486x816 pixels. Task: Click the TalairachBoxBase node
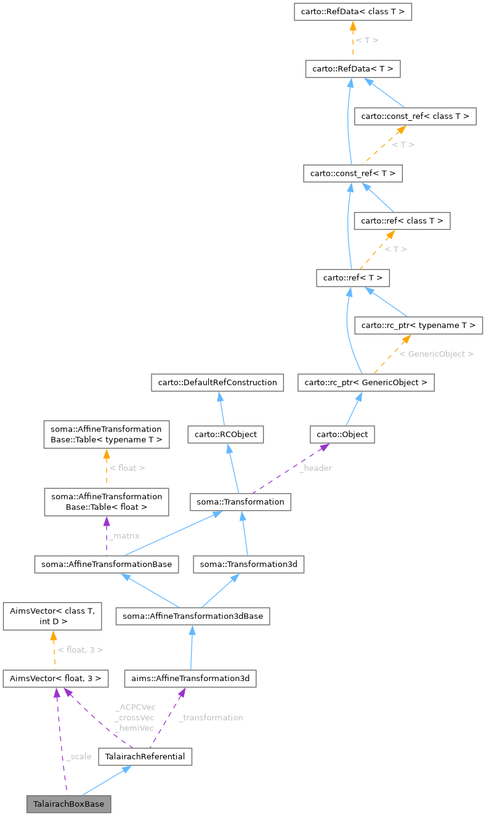pos(69,804)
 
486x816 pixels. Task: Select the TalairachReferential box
pos(145,756)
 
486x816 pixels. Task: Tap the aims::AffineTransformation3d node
pos(190,679)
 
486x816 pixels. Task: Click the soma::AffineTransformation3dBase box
pos(192,616)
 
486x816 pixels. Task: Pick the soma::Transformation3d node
pos(249,564)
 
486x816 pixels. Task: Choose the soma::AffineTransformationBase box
pos(107,564)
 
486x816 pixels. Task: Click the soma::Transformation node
pos(240,502)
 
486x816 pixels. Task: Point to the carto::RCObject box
pos(226,435)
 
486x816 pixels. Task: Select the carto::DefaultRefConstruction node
pos(217,383)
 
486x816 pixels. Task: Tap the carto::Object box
pos(342,435)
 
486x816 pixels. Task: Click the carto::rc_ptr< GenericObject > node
pos(366,383)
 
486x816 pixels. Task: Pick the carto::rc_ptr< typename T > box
pos(419,325)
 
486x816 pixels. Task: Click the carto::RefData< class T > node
pos(352,12)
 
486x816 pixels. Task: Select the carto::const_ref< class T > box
pos(416,116)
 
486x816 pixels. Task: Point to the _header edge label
pos(315,468)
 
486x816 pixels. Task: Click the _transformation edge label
pos(211,717)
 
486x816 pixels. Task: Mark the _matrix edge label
pos(124,536)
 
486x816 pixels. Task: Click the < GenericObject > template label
pos(436,354)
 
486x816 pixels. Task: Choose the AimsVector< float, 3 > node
pos(55,679)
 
